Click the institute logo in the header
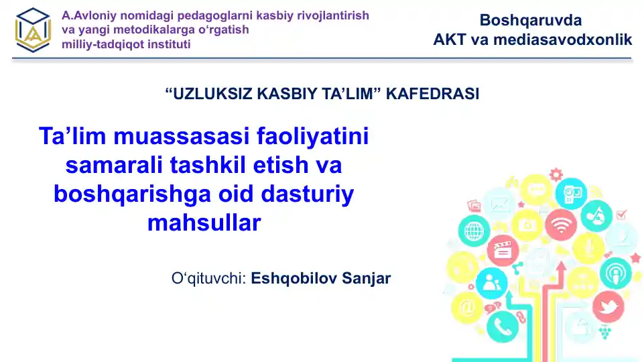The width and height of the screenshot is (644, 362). tap(34, 30)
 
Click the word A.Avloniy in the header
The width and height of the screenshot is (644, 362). tap(86, 15)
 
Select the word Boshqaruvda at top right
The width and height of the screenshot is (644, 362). tap(531, 20)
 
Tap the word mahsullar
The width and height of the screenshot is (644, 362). tap(203, 223)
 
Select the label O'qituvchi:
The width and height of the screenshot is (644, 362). tap(208, 278)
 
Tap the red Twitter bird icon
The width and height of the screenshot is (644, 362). tap(608, 308)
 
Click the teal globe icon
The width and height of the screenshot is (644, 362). tap(474, 231)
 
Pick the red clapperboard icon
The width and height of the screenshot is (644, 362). tap(503, 251)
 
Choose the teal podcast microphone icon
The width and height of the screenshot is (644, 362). tap(614, 273)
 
